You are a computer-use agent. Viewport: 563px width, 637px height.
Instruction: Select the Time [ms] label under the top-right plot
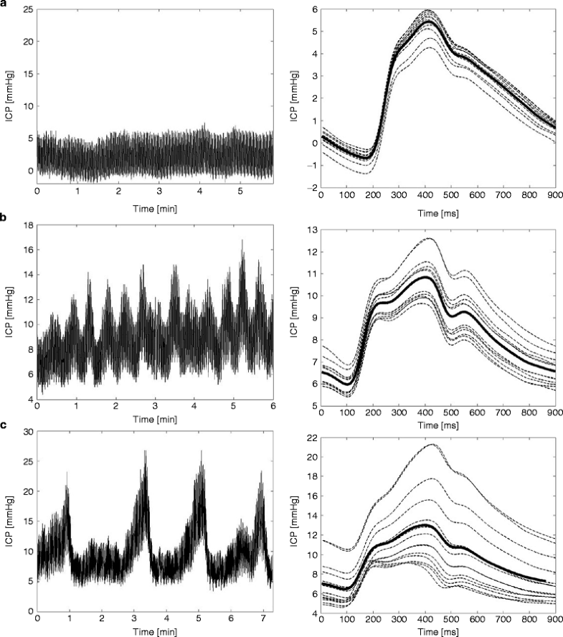coord(437,208)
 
